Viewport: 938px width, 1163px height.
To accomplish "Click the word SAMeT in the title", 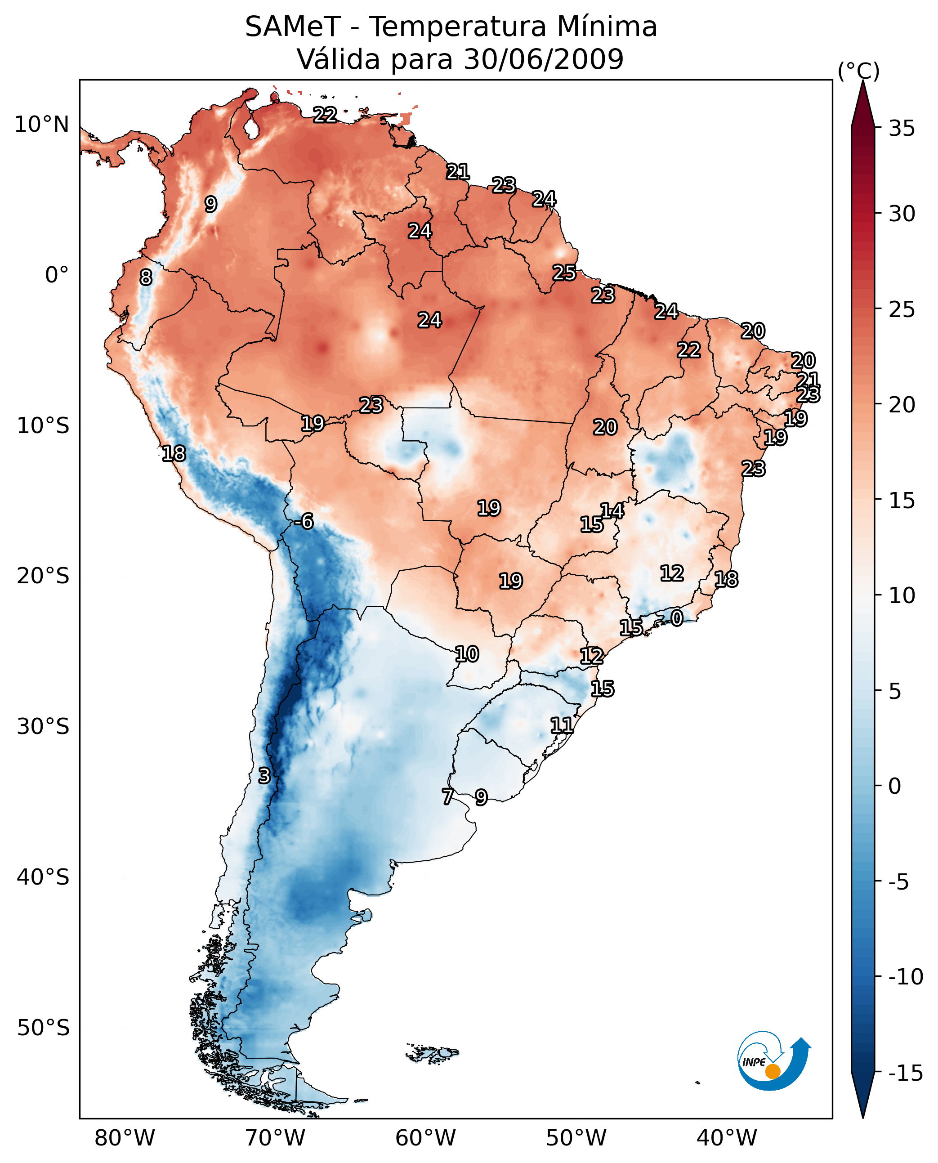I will tap(292, 27).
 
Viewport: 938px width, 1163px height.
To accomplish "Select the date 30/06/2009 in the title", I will tap(543, 59).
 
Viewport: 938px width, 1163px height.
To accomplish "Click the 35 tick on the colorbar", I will tap(901, 129).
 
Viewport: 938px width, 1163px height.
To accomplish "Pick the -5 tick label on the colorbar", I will tap(901, 882).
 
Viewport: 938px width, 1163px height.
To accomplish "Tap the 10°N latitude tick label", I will tap(42, 125).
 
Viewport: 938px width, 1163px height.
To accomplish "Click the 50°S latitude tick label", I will tap(43, 1028).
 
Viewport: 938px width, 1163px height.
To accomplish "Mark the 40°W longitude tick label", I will tap(726, 1139).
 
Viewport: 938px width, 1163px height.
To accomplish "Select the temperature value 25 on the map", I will tap(564, 273).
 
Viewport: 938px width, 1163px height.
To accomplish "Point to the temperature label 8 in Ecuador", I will tap(146, 278).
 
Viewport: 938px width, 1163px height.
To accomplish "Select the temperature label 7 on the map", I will tap(447, 796).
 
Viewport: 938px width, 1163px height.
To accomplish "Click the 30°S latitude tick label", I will tap(43, 727).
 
